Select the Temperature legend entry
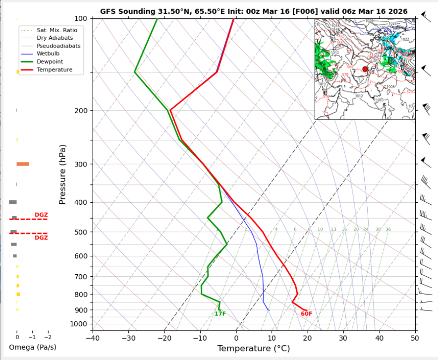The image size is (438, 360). click(x=54, y=70)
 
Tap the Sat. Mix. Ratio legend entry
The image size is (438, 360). click(x=56, y=30)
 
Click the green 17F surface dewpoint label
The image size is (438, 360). click(x=220, y=314)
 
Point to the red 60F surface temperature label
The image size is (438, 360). click(x=306, y=314)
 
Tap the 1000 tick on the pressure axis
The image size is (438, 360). click(x=79, y=324)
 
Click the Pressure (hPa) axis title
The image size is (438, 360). click(x=62, y=175)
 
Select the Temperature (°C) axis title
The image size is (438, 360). click(x=253, y=349)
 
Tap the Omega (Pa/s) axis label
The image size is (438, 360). click(x=33, y=347)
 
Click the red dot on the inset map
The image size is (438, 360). click(x=365, y=69)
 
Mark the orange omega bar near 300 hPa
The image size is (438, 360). click(x=22, y=164)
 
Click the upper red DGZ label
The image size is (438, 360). click(x=41, y=215)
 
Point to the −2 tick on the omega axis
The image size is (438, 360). click(x=48, y=337)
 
